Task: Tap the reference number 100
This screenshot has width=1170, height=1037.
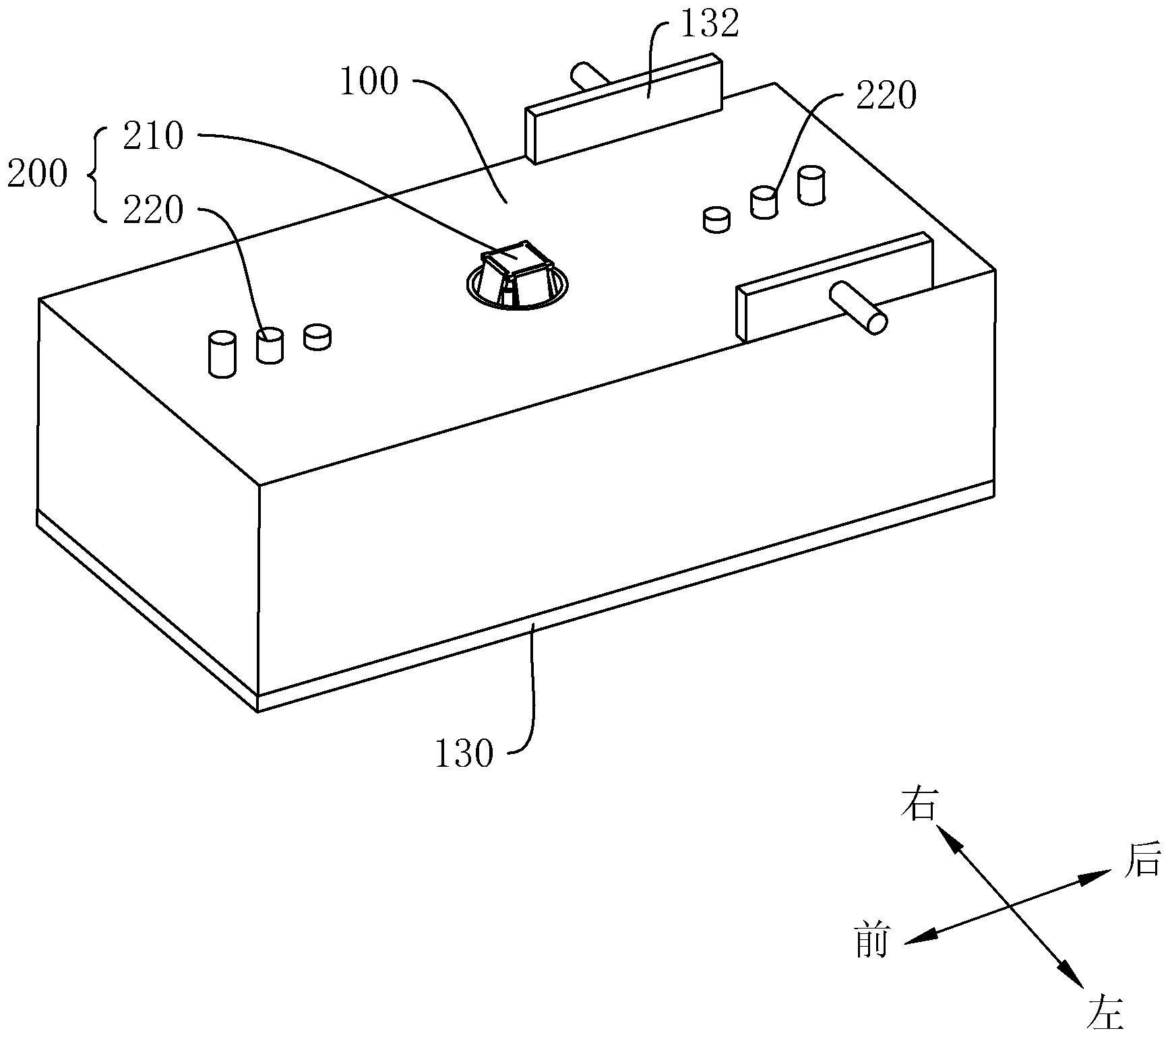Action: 369,83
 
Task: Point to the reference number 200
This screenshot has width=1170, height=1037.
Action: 37,175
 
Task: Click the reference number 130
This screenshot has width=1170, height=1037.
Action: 464,753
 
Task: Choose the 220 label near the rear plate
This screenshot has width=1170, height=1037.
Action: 886,96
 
